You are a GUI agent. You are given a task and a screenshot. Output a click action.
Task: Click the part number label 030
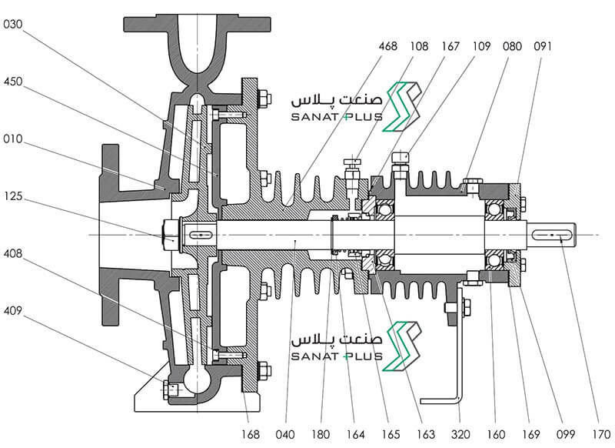12,25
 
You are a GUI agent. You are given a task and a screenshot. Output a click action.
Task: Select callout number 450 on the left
12,82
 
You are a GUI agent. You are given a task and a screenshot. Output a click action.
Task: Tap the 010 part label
12,139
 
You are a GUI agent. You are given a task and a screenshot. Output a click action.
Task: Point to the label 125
12,196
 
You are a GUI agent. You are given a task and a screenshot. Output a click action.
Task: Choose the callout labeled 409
12,311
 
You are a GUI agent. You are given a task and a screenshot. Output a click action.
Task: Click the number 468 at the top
388,46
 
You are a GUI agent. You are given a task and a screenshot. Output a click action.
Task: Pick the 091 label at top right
543,46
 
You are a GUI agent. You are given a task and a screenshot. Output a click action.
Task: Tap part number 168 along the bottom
251,434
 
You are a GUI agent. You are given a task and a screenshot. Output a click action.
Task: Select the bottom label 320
460,434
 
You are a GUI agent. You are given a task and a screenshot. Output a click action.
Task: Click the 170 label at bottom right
601,434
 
